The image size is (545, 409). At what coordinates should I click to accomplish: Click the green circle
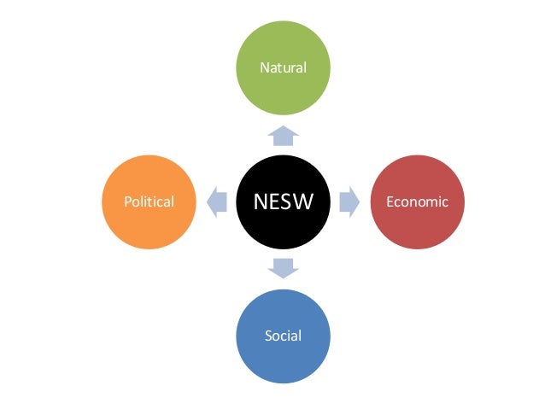pos(283,67)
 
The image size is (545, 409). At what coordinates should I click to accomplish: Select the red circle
pos(417,202)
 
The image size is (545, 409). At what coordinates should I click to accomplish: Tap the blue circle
pos(283,335)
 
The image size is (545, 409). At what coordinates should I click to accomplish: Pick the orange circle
pos(149,202)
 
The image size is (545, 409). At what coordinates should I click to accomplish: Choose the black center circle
pos(283,202)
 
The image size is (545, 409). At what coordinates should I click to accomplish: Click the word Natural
pos(283,67)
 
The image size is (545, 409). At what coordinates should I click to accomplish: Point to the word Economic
pos(417,202)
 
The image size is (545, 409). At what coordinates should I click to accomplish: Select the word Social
pos(283,336)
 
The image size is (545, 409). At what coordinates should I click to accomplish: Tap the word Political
pos(149,202)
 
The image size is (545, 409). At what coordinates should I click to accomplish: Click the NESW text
pos(283,202)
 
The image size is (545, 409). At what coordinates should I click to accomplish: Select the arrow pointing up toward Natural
pos(283,135)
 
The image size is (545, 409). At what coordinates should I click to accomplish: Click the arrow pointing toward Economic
pos(349,202)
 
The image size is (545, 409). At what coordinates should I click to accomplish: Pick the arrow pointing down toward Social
pos(283,268)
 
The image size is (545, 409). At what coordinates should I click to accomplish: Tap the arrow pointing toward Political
pos(216,202)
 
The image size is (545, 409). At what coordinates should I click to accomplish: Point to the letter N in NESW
pos(261,202)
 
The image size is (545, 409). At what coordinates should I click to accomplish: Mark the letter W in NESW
pos(304,202)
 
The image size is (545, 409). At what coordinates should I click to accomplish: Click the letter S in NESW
pos(287,202)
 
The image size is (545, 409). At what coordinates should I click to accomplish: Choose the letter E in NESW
pos(274,202)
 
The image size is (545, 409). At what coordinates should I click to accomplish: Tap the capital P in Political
pos(127,202)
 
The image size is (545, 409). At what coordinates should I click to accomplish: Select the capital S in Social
pos(268,336)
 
